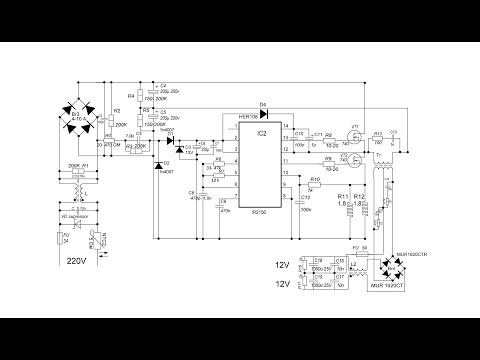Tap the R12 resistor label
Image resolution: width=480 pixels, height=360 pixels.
pyautogui.click(x=362, y=195)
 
